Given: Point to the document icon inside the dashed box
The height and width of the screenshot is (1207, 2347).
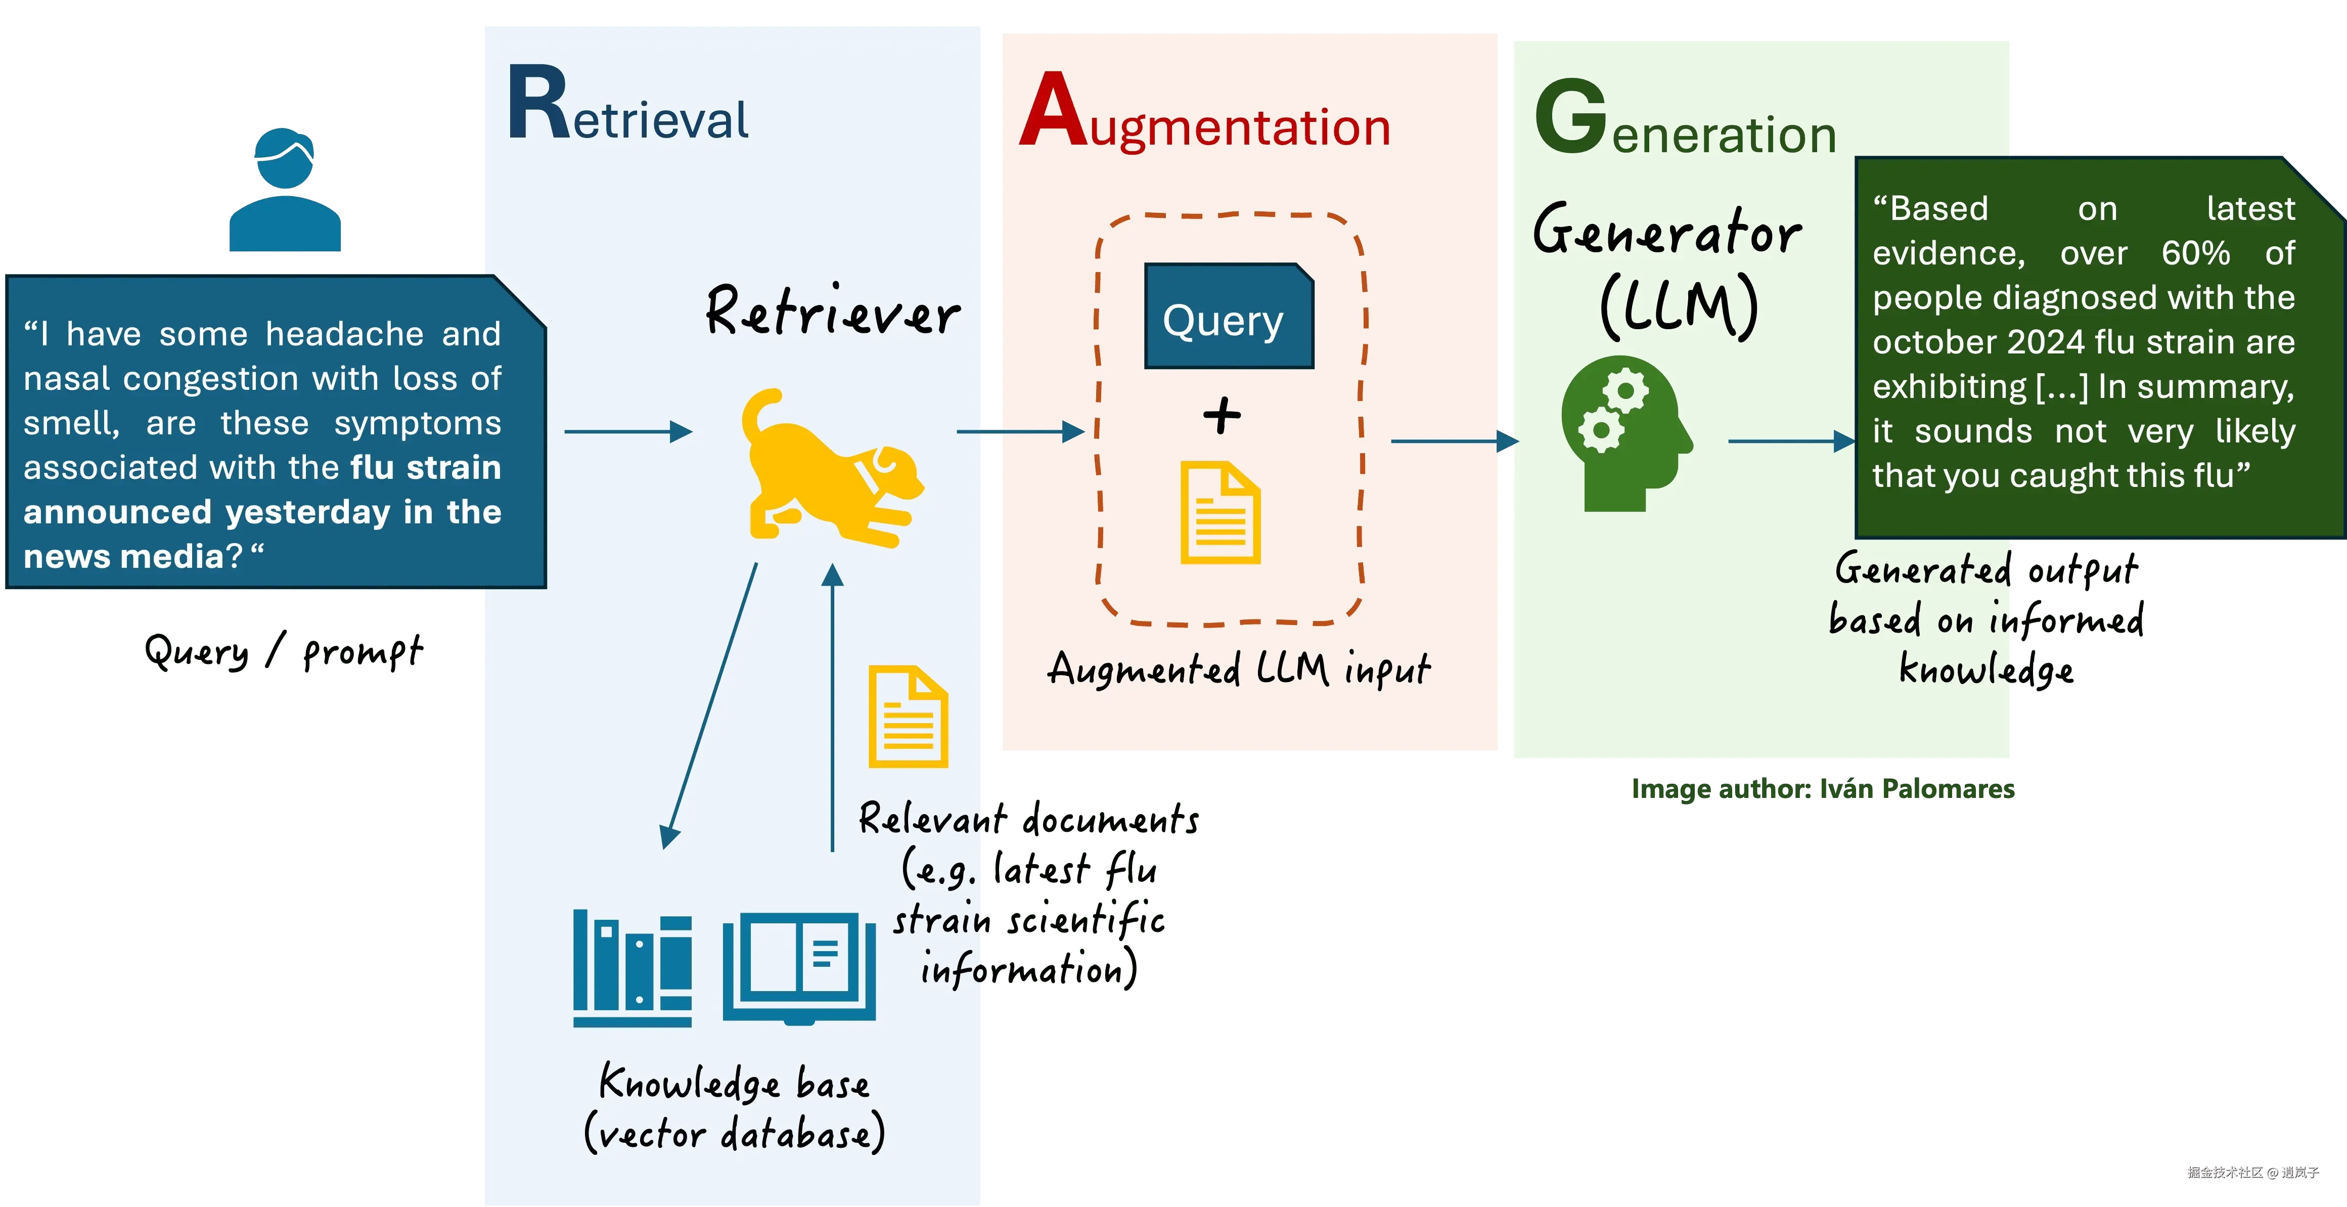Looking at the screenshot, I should [x=1220, y=513].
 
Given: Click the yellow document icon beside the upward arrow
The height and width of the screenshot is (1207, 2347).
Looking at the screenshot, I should [x=908, y=717].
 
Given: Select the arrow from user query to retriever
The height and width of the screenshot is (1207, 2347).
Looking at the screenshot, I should [x=628, y=431].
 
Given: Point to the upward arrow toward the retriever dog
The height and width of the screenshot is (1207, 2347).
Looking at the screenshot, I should [x=832, y=706].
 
